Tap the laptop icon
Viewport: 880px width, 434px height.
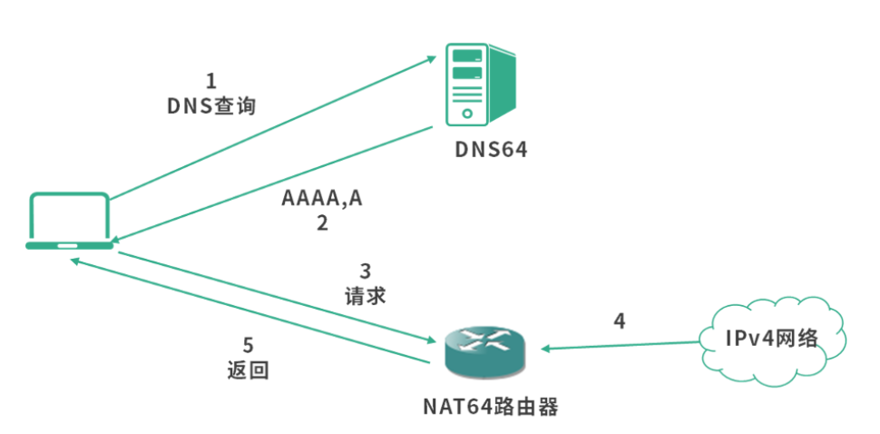pyautogui.click(x=69, y=221)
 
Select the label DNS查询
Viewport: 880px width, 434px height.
pyautogui.click(x=211, y=106)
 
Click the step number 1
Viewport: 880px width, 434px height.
pyautogui.click(x=211, y=81)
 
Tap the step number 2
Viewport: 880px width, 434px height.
pyautogui.click(x=322, y=223)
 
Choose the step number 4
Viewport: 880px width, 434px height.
pyautogui.click(x=620, y=321)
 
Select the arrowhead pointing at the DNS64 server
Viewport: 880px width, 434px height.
pyautogui.click(x=429, y=60)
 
